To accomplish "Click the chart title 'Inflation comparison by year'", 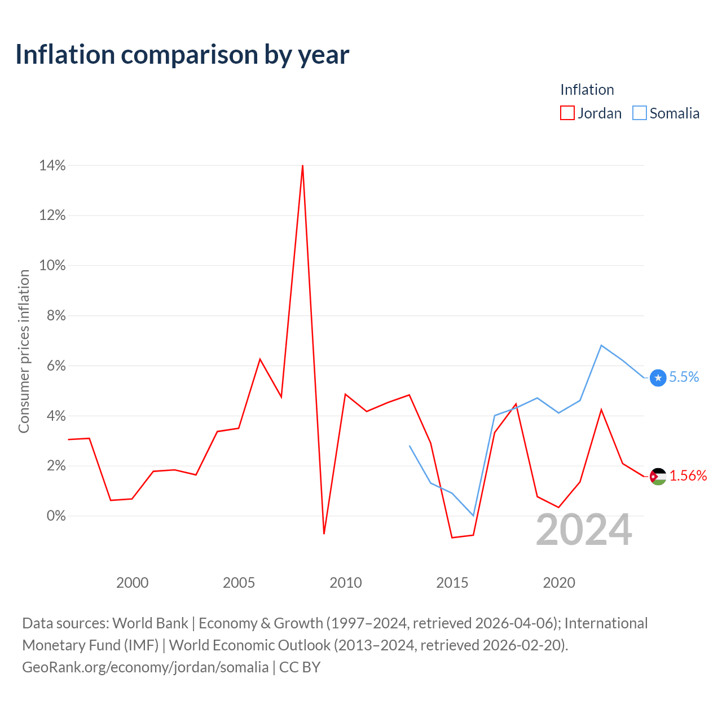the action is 182,55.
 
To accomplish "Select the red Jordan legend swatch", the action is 567,113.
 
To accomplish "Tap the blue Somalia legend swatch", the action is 639,113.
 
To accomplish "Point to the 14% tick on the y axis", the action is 52,165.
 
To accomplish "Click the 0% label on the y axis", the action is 56,516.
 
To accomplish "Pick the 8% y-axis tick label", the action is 56,315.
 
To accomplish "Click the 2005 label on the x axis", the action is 239,583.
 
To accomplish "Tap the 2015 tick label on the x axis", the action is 452,583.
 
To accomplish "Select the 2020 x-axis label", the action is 558,583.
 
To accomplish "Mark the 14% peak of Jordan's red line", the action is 302,166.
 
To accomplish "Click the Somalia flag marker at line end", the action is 658,378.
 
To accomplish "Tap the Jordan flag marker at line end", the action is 658,477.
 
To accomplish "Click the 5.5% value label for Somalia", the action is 684,377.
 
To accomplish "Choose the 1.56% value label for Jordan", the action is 688,476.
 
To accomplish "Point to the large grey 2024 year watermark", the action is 584,530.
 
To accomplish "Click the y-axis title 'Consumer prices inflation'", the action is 24,351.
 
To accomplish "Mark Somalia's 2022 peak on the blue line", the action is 601,345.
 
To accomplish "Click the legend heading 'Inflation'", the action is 587,90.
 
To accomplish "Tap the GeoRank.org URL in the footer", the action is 146,667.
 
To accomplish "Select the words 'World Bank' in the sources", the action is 150,623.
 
